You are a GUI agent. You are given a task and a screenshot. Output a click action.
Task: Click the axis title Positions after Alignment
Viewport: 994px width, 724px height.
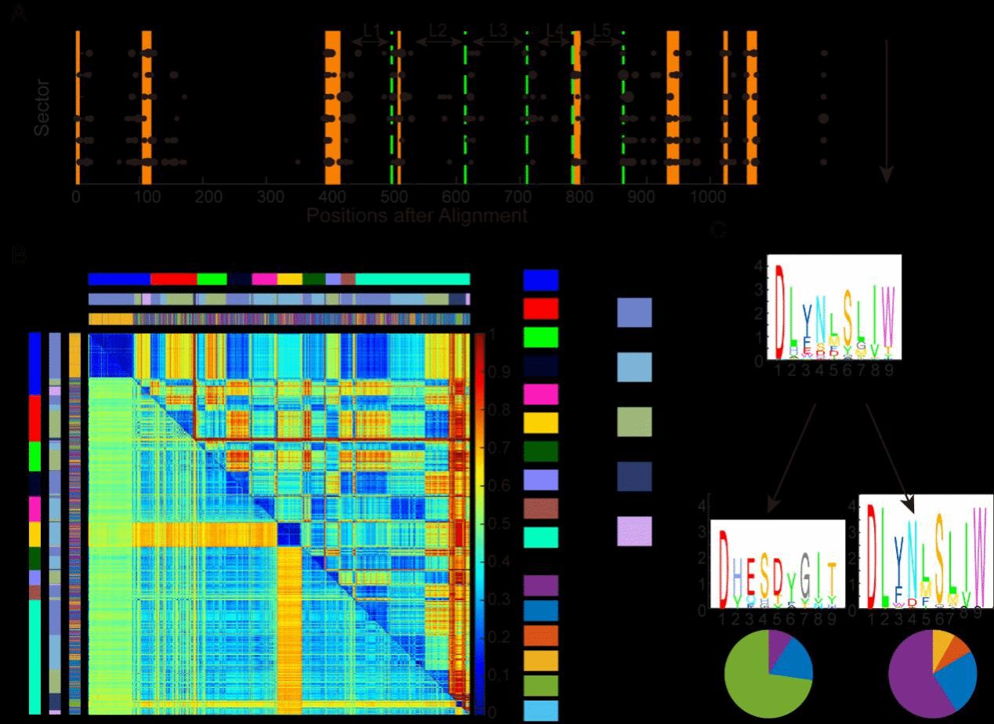click(417, 215)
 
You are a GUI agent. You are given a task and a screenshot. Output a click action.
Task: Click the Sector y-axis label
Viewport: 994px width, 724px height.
click(42, 107)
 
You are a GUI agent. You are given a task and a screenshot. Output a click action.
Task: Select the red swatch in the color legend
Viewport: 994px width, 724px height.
click(540, 308)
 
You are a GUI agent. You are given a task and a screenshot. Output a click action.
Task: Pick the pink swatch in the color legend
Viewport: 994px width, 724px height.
click(540, 394)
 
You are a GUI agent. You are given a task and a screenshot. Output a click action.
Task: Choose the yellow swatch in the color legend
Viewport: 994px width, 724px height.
click(540, 423)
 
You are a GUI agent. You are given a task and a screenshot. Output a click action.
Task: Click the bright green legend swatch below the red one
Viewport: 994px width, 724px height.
click(540, 337)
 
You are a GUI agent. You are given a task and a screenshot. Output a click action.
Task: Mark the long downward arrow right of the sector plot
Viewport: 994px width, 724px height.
click(887, 110)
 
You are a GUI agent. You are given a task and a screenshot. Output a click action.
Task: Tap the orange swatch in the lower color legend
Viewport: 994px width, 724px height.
click(540, 635)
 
